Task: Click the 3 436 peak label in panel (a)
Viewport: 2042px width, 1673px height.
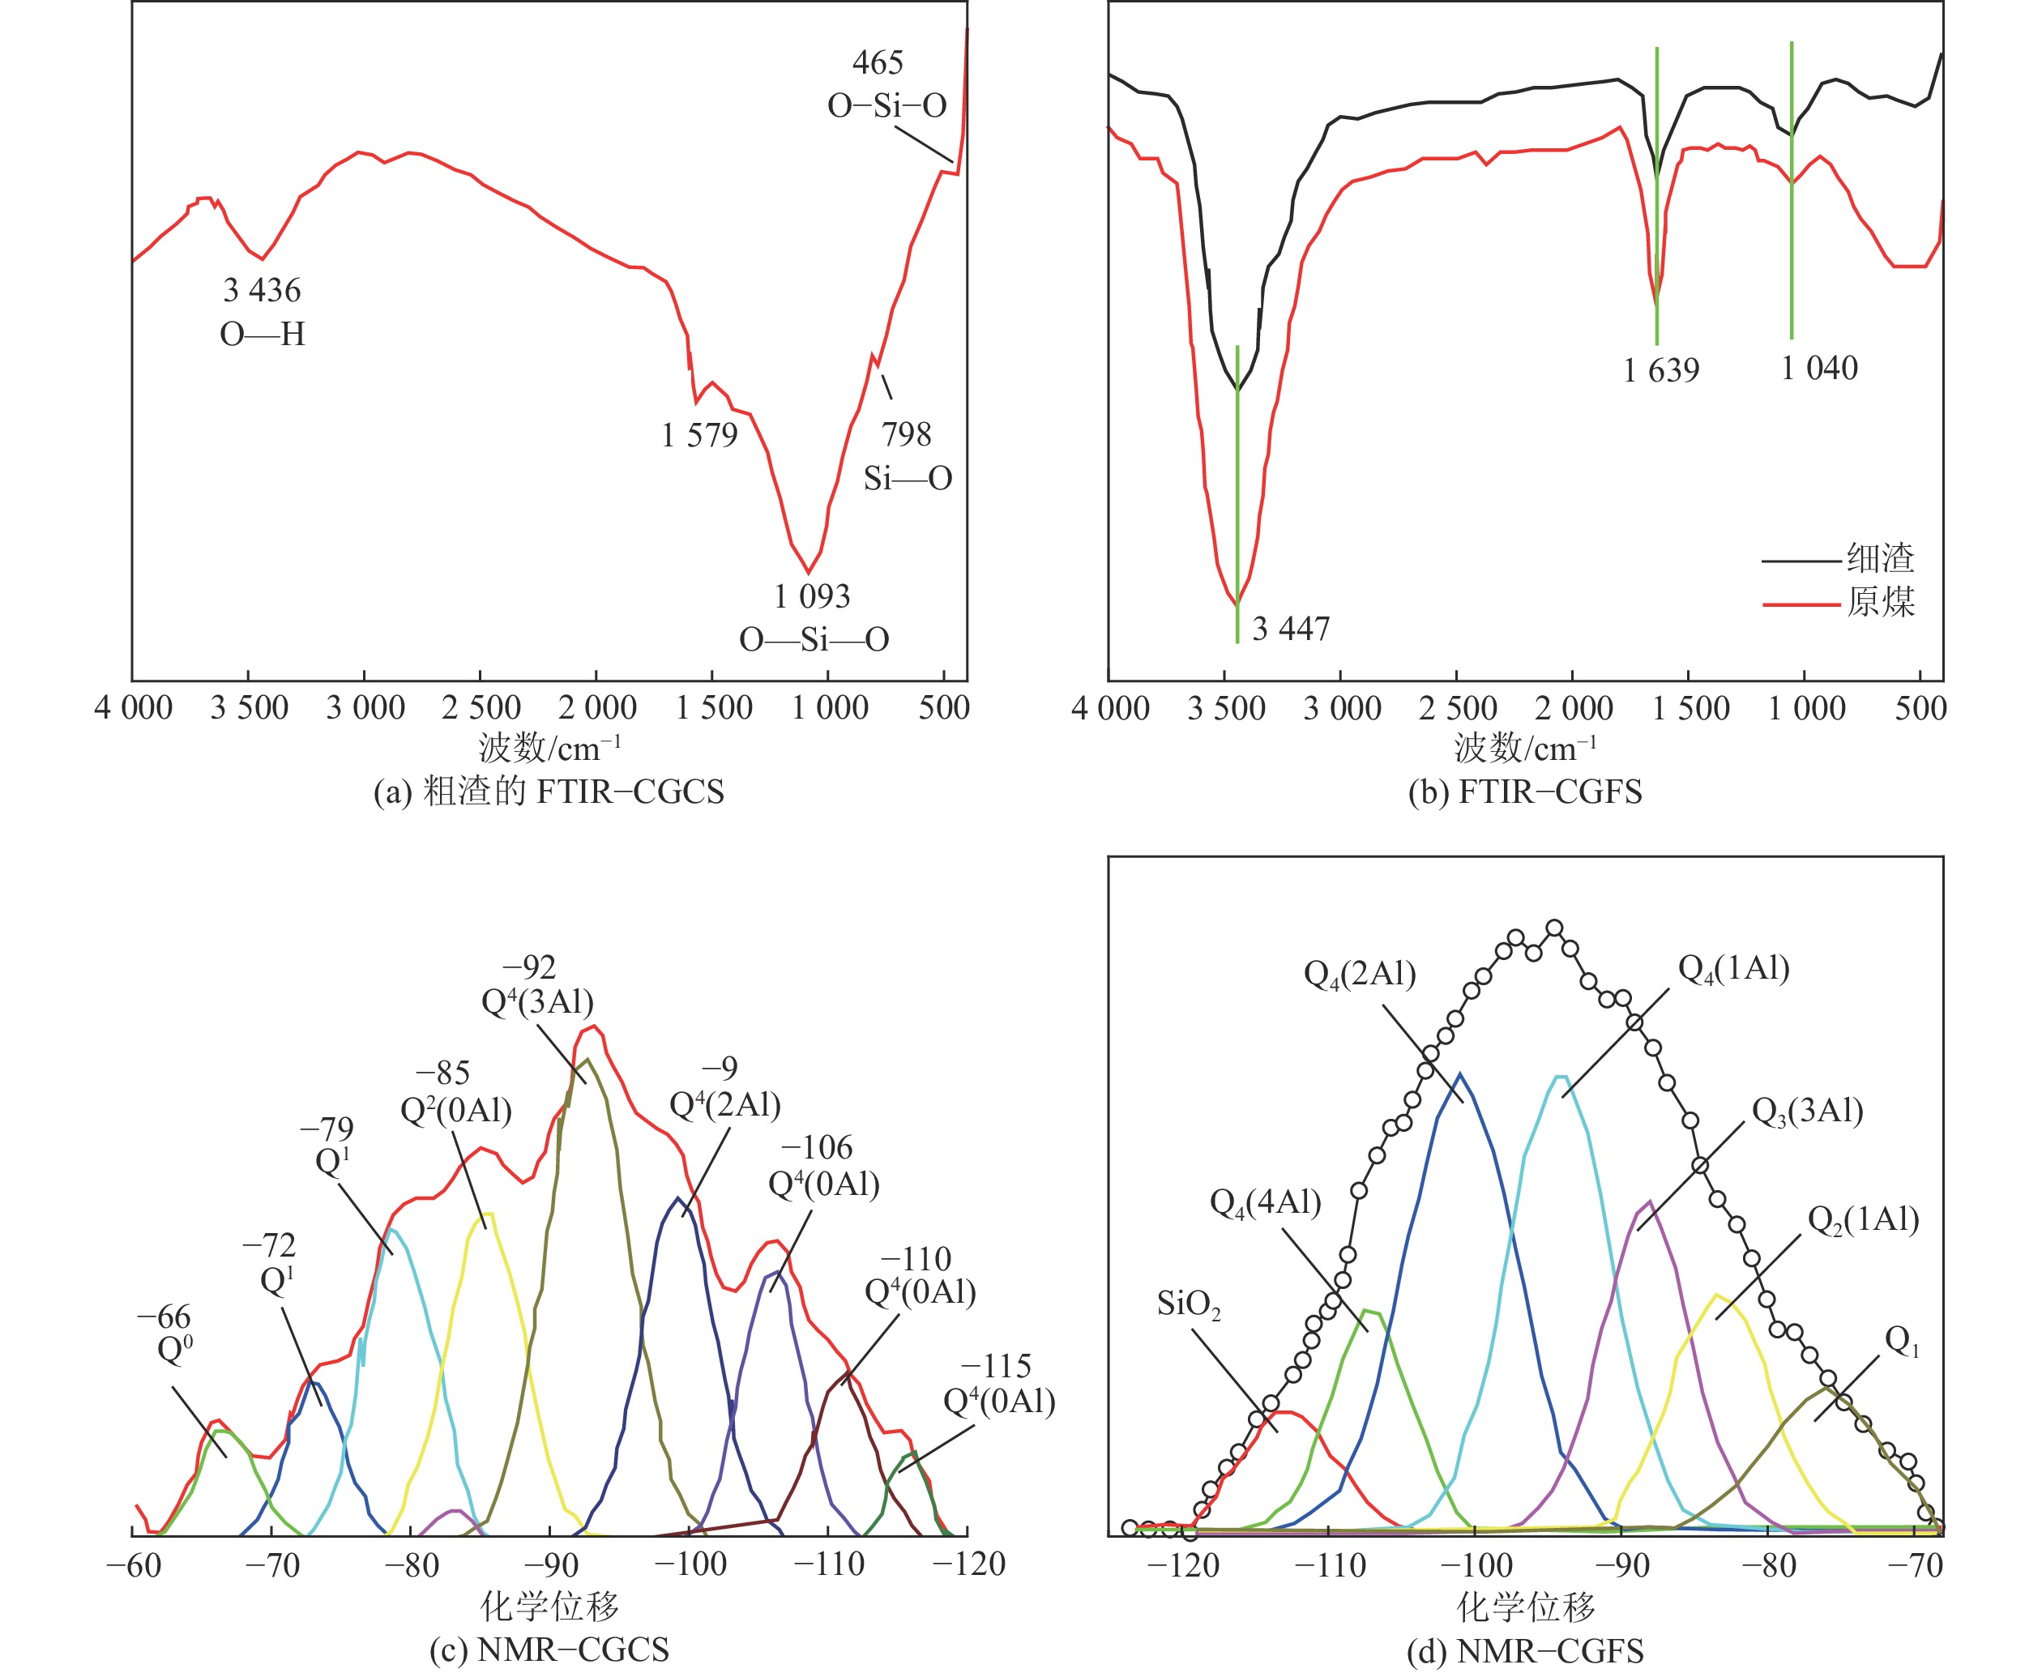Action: tap(262, 291)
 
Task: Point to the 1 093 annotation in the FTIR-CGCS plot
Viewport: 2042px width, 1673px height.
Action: tap(813, 596)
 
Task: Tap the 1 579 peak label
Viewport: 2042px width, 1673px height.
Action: tap(698, 436)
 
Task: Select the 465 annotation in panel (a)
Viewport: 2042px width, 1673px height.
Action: tap(877, 64)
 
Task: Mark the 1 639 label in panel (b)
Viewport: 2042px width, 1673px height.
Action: tap(1660, 370)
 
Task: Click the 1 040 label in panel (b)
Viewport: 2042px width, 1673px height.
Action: tap(1818, 368)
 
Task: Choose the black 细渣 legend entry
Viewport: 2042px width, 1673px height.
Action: tap(1879, 559)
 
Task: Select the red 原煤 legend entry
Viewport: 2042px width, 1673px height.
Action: tap(1879, 602)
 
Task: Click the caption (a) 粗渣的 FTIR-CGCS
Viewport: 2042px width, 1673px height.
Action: tap(549, 792)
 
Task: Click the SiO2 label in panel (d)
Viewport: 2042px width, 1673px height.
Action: tap(1188, 1305)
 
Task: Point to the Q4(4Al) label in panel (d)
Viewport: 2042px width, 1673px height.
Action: tap(1264, 1203)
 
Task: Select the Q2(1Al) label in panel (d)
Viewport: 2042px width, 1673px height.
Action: tap(1863, 1220)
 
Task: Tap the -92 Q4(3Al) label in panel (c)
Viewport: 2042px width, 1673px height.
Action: tap(536, 985)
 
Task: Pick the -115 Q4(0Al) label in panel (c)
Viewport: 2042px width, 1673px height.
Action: tap(998, 1384)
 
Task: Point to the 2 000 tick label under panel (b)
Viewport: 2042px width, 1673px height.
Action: tap(1573, 708)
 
